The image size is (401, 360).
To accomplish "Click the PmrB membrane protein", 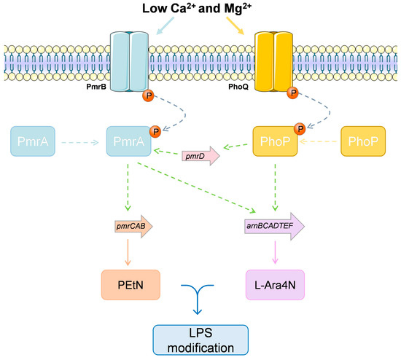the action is (x=129, y=61).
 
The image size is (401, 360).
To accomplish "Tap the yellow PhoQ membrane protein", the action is (x=273, y=61).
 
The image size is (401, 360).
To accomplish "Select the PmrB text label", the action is (x=96, y=87).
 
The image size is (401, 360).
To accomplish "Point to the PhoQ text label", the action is (x=238, y=87).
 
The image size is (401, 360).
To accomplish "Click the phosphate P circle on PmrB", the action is (x=148, y=96).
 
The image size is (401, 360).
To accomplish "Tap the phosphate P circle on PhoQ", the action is (x=293, y=93).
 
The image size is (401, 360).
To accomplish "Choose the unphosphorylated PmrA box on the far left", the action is (x=33, y=141).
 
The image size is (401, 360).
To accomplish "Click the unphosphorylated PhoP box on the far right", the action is (x=363, y=141).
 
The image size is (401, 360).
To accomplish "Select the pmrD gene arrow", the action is (x=200, y=156).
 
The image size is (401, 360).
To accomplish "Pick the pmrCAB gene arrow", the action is (x=133, y=227).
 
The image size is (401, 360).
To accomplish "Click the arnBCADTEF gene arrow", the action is (x=274, y=226).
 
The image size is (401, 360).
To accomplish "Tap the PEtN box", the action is (x=131, y=285).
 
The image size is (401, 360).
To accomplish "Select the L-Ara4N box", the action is (x=275, y=285).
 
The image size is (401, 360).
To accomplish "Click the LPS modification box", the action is (x=200, y=340).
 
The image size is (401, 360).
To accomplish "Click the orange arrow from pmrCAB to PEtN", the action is (x=128, y=253).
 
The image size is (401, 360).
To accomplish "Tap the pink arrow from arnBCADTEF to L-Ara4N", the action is (x=275, y=252).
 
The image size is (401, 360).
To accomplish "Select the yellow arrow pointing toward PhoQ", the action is (x=235, y=26).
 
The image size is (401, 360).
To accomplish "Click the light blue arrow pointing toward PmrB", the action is (x=165, y=26).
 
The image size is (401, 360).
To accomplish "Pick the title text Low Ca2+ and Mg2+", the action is (x=197, y=8).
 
